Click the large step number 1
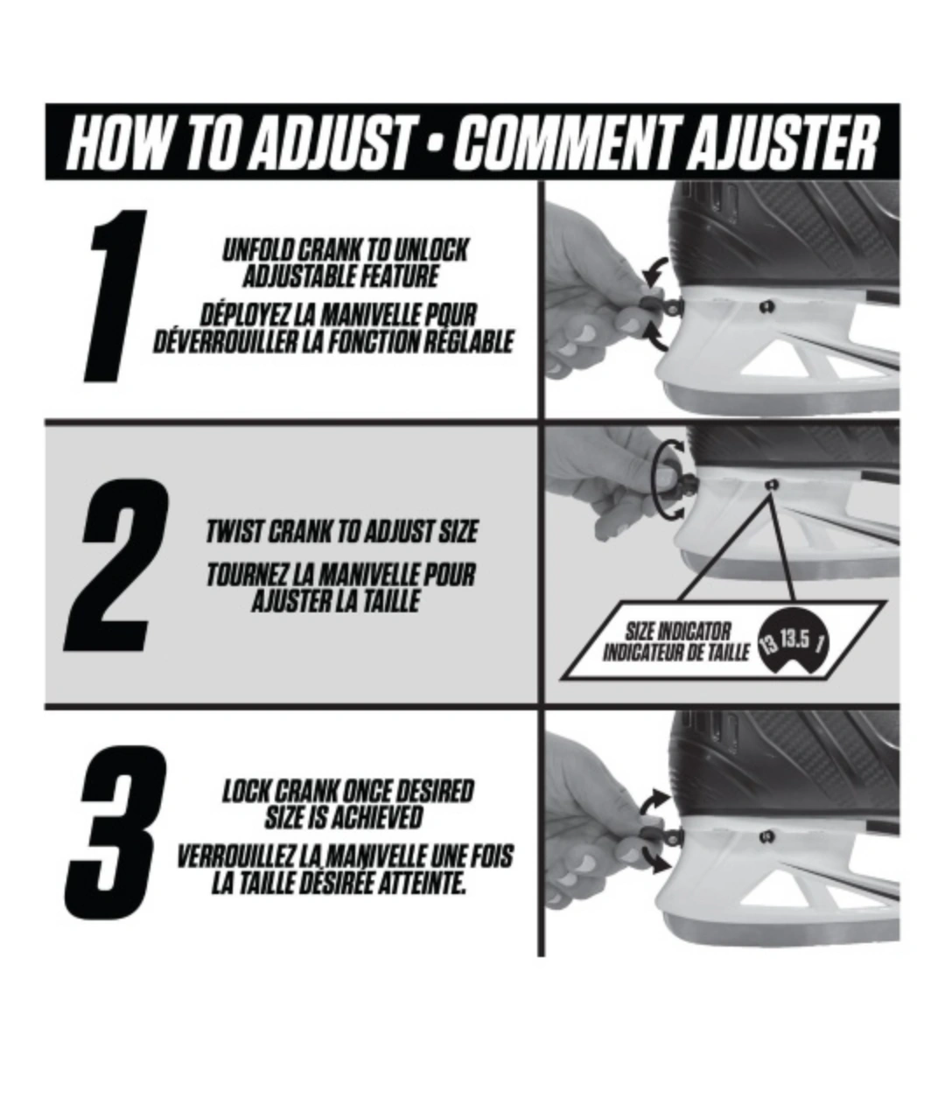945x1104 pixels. pos(115,296)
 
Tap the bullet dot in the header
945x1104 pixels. pos(436,144)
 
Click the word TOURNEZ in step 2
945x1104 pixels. pos(246,576)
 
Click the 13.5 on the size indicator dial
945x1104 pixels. pos(794,639)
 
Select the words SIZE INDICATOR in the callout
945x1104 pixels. pos(677,632)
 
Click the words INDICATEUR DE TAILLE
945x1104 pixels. pos(675,653)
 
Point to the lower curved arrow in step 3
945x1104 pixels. pos(654,859)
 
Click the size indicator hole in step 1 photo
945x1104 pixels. pos(766,306)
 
